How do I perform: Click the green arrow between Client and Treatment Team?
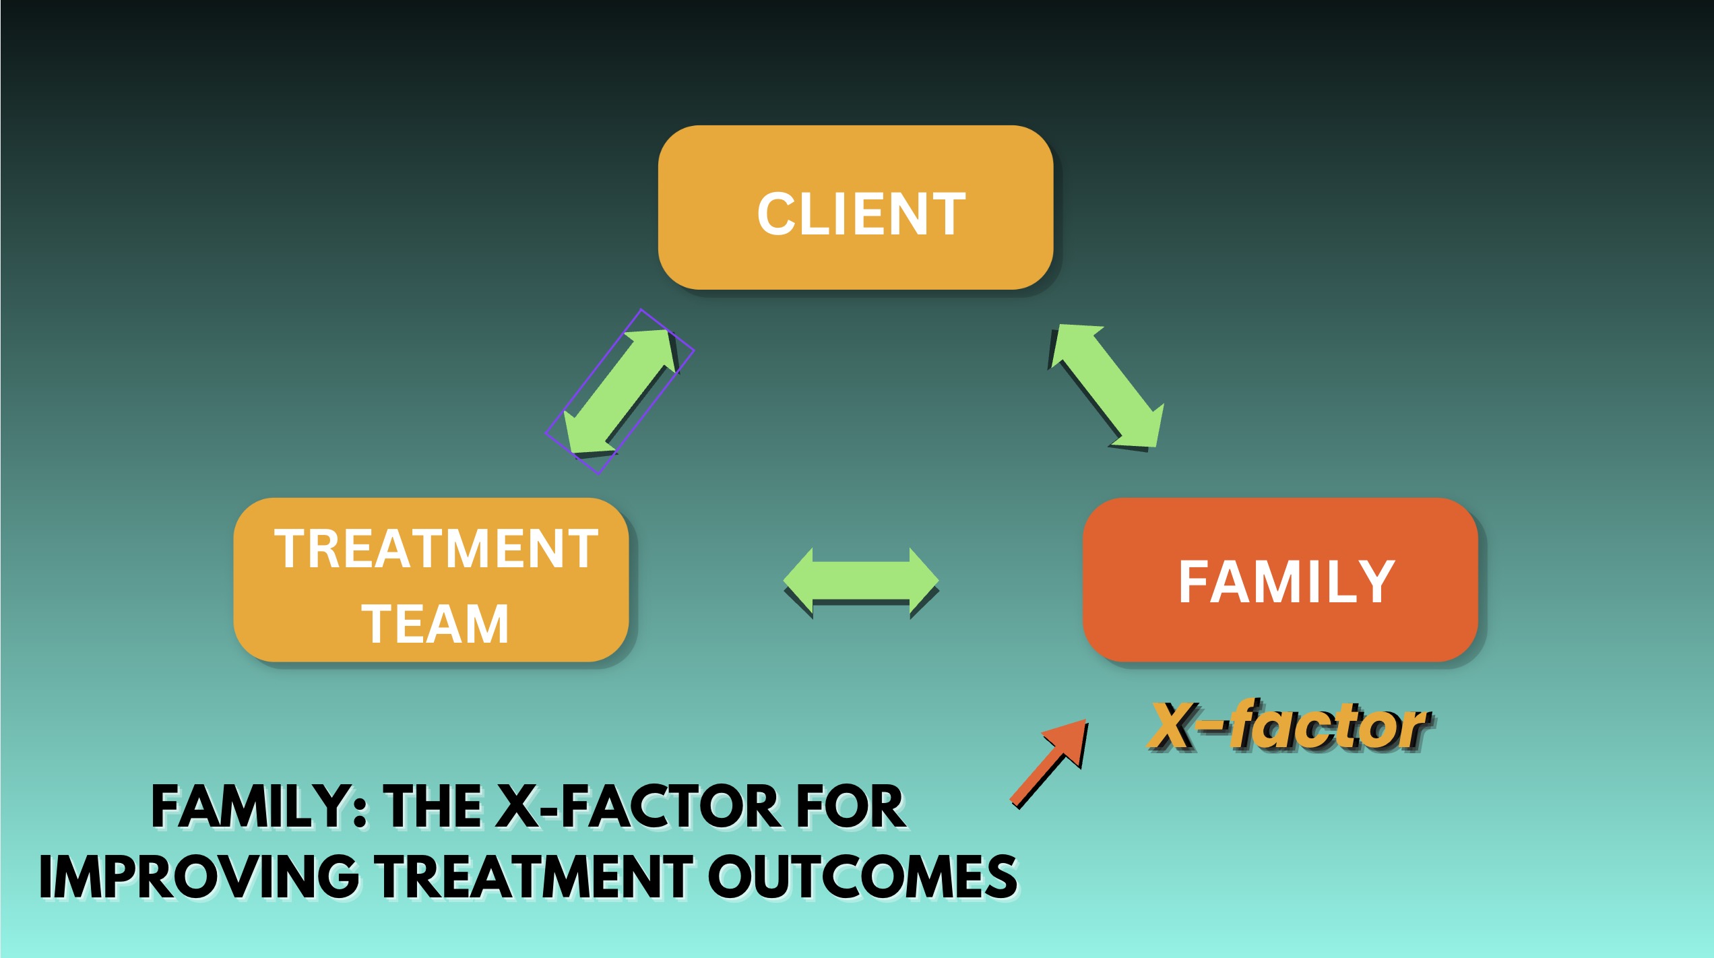[621, 391]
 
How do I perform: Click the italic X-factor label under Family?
[1290, 726]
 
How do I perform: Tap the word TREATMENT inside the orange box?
[436, 548]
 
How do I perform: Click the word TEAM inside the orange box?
[435, 624]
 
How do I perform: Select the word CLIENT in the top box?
[861, 214]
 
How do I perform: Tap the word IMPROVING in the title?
[199, 876]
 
